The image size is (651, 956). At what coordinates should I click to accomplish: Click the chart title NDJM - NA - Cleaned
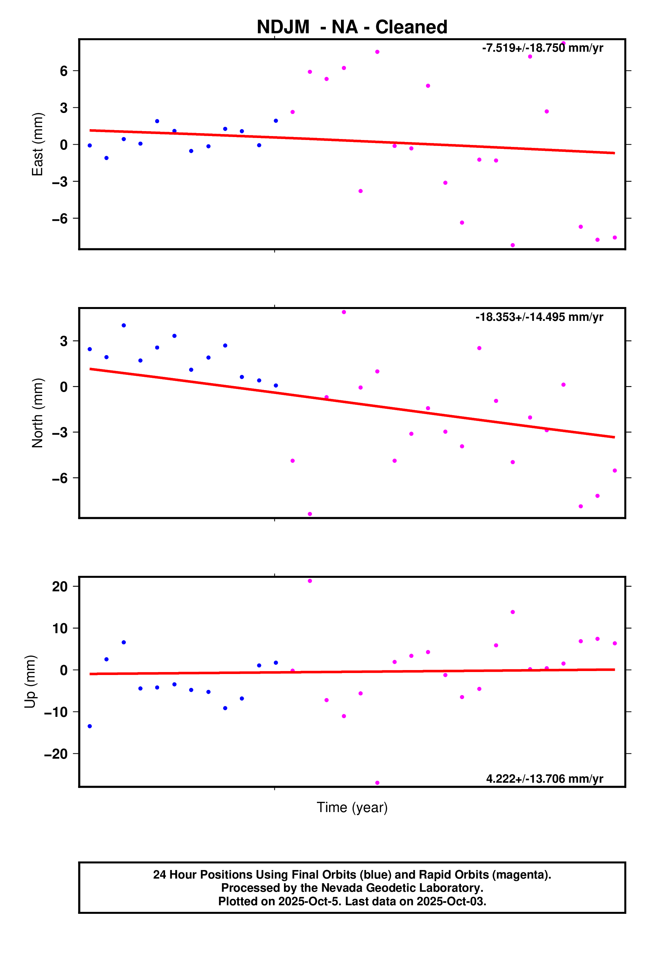pos(352,27)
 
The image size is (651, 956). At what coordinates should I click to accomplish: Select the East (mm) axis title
pos(38,144)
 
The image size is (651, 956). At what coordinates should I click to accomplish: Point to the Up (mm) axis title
pos(30,682)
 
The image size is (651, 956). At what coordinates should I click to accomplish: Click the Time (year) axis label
pos(352,807)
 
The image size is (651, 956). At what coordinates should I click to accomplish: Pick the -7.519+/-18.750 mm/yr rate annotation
pos(542,48)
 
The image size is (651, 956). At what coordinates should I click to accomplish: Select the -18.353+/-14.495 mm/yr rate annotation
pos(539,317)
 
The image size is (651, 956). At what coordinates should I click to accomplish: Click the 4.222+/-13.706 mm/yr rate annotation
pos(544,779)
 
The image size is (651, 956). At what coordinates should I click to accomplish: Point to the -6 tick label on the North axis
pos(60,478)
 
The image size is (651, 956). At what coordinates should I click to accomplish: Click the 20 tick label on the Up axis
pos(60,587)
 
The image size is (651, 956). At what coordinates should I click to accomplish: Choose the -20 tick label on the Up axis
pos(56,754)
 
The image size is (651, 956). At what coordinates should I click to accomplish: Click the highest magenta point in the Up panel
pos(310,581)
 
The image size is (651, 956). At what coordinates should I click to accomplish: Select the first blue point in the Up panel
pos(90,726)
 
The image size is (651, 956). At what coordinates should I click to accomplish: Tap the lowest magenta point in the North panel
pos(310,514)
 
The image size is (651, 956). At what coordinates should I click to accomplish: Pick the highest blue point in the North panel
pos(124,325)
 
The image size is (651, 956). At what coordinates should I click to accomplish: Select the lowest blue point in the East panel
pos(107,158)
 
